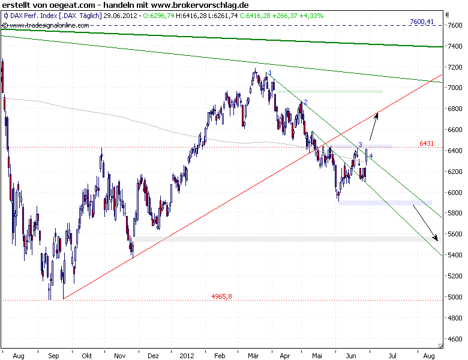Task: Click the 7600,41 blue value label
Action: coord(421,22)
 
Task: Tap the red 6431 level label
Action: coord(427,143)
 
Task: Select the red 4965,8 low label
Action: coord(221,296)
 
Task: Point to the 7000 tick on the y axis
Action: coord(454,88)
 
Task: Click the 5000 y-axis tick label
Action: coord(454,297)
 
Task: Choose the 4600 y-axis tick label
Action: coord(454,339)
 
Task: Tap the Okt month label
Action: coord(88,355)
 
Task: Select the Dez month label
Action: coord(152,355)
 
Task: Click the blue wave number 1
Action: coord(270,73)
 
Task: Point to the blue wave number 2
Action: coord(305,103)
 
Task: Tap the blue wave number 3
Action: coord(360,145)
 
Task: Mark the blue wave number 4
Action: coord(371,156)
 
